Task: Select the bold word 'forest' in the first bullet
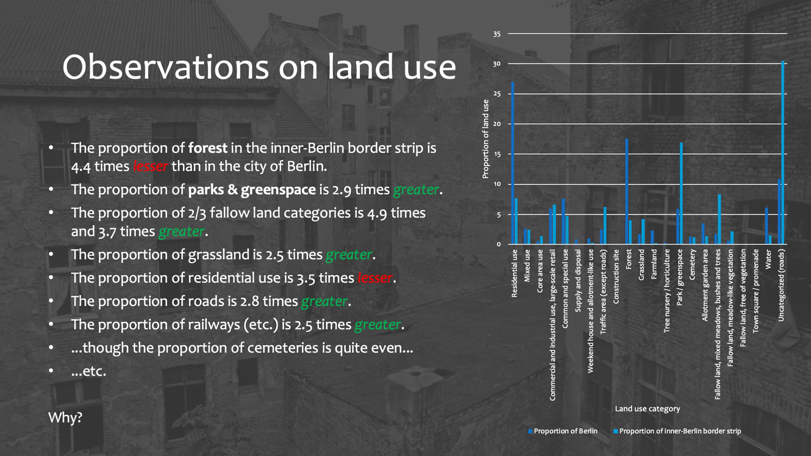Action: click(x=208, y=148)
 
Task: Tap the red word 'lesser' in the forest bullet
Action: click(x=151, y=166)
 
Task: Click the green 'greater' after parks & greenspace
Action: click(x=416, y=190)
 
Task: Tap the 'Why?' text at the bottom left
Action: click(x=65, y=418)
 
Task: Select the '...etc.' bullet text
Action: click(x=89, y=371)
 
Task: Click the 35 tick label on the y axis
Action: click(x=497, y=34)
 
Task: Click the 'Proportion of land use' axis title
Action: click(x=486, y=139)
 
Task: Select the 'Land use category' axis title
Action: click(x=648, y=409)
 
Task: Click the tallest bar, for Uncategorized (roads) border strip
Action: click(x=783, y=152)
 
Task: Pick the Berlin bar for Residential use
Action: click(x=513, y=163)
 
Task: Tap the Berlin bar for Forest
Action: click(x=627, y=191)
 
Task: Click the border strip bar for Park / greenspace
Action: click(x=681, y=193)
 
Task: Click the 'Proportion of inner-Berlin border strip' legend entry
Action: click(x=677, y=431)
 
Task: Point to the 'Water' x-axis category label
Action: click(x=768, y=259)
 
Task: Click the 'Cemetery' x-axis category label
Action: click(x=692, y=264)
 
